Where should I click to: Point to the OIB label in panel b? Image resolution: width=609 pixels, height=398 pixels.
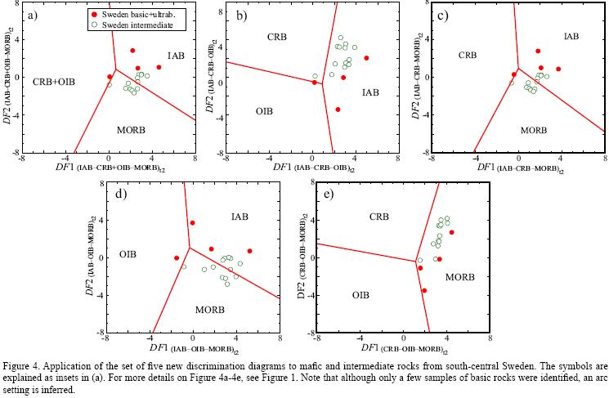(x=263, y=111)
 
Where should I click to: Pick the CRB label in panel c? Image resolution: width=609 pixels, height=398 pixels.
(x=467, y=56)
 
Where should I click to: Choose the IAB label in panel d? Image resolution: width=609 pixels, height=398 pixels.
(x=240, y=217)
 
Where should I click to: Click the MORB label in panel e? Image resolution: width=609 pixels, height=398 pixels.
(x=460, y=277)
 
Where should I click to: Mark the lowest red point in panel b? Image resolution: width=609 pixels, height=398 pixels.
(x=338, y=109)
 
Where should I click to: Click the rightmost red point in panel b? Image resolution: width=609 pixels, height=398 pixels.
(x=366, y=58)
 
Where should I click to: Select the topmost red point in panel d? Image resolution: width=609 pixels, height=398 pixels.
(x=193, y=222)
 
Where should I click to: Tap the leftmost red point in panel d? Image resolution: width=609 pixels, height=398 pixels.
(x=177, y=258)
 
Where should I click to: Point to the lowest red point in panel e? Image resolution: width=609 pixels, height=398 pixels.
(x=423, y=290)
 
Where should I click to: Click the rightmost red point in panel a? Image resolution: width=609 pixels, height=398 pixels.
(x=159, y=68)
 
